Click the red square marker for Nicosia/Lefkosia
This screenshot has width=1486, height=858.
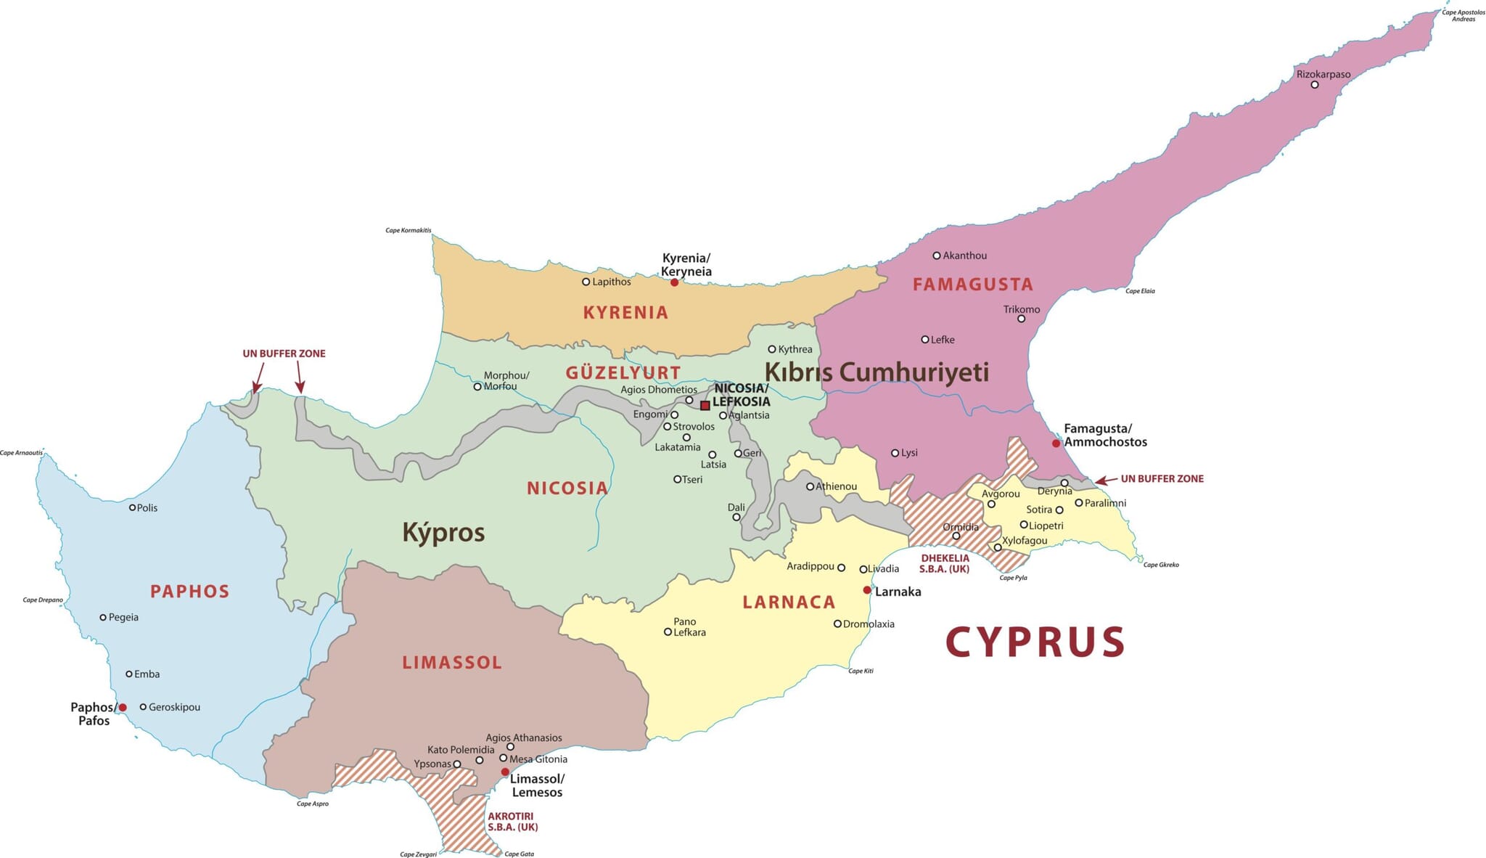click(705, 405)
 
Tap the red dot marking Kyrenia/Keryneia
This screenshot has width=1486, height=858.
click(674, 282)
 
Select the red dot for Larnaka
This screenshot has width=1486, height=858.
click(866, 590)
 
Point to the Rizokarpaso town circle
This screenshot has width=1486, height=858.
click(1314, 85)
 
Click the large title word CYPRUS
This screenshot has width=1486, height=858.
click(1035, 642)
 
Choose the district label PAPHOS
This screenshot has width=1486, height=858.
click(189, 592)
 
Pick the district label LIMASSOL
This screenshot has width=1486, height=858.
click(451, 662)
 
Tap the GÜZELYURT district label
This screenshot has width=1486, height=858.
click(623, 373)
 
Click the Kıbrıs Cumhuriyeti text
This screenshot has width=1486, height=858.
click(877, 372)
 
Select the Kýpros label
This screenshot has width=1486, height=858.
click(443, 532)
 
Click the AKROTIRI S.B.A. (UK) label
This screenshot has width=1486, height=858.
click(512, 822)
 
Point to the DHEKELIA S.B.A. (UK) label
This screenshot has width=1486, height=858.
click(944, 564)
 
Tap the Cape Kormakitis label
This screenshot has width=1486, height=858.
click(408, 231)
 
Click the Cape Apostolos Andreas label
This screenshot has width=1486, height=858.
click(1463, 15)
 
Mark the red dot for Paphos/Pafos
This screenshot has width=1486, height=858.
click(123, 707)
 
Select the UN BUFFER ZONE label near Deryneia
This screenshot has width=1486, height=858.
click(1162, 479)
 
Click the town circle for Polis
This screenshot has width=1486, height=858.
click(132, 507)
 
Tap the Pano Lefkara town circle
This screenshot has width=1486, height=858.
click(668, 632)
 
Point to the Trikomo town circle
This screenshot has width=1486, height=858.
click(1021, 319)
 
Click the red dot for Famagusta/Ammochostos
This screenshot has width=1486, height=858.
click(1056, 443)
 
